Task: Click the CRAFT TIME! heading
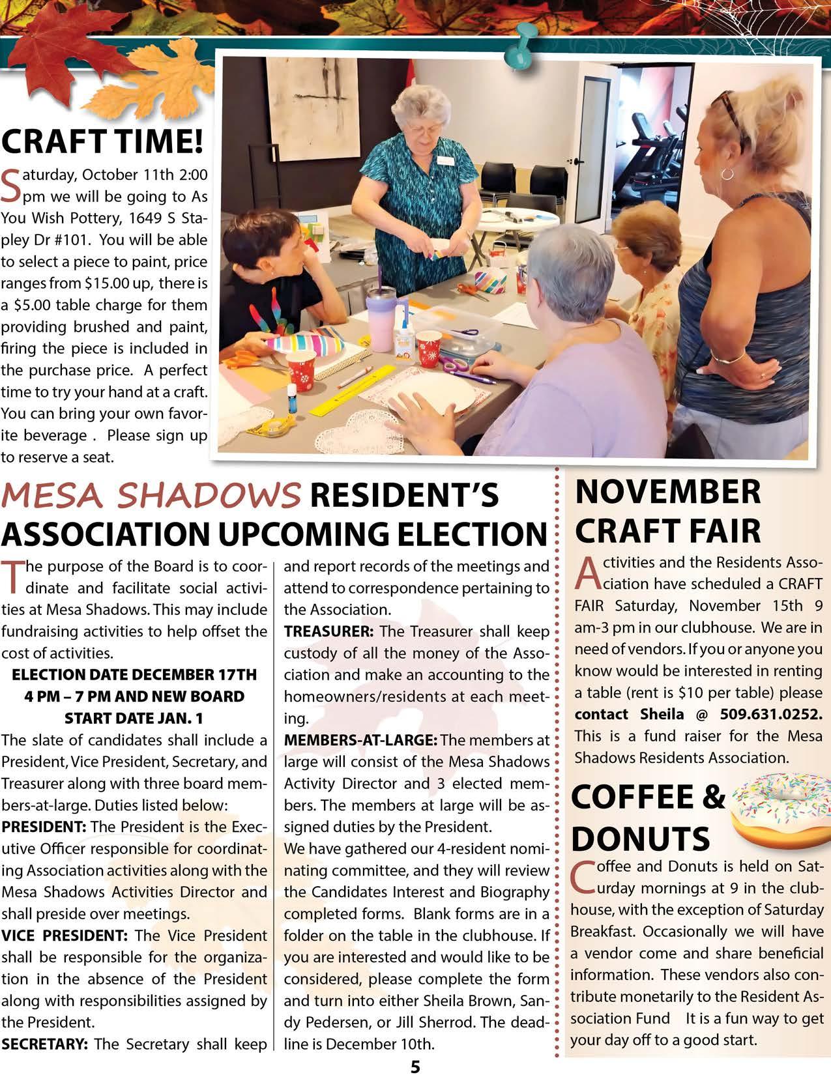click(102, 141)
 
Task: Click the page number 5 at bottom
click(415, 1065)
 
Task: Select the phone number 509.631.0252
click(771, 714)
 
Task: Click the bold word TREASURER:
click(328, 631)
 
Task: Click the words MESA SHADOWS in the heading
click(151, 496)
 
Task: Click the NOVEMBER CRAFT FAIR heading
click(667, 511)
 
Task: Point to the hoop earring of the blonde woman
click(727, 174)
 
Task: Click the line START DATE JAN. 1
click(134, 718)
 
